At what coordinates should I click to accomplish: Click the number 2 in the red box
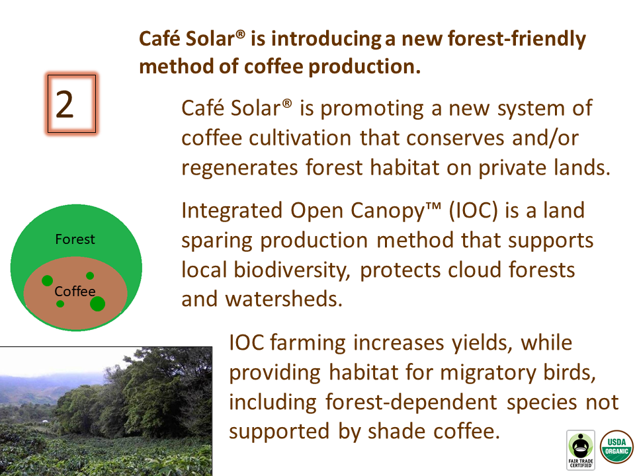pyautogui.click(x=65, y=104)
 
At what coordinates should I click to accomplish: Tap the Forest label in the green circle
pyautogui.click(x=75, y=239)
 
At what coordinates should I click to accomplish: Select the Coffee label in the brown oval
pyautogui.click(x=75, y=291)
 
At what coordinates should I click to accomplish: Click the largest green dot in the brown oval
pyautogui.click(x=98, y=303)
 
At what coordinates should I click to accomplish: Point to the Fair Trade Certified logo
pyautogui.click(x=581, y=450)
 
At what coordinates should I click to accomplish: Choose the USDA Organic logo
pyautogui.click(x=616, y=446)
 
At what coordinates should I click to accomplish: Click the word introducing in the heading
pyautogui.click(x=326, y=40)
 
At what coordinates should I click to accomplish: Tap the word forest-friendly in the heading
pyautogui.click(x=517, y=39)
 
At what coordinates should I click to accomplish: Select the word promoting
pyautogui.click(x=371, y=109)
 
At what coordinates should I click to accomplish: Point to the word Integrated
pyautogui.click(x=232, y=212)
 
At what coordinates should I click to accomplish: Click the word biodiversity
pyautogui.click(x=292, y=270)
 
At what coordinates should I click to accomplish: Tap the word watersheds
pyautogui.click(x=284, y=299)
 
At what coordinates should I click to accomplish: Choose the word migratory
pyautogui.click(x=488, y=373)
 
